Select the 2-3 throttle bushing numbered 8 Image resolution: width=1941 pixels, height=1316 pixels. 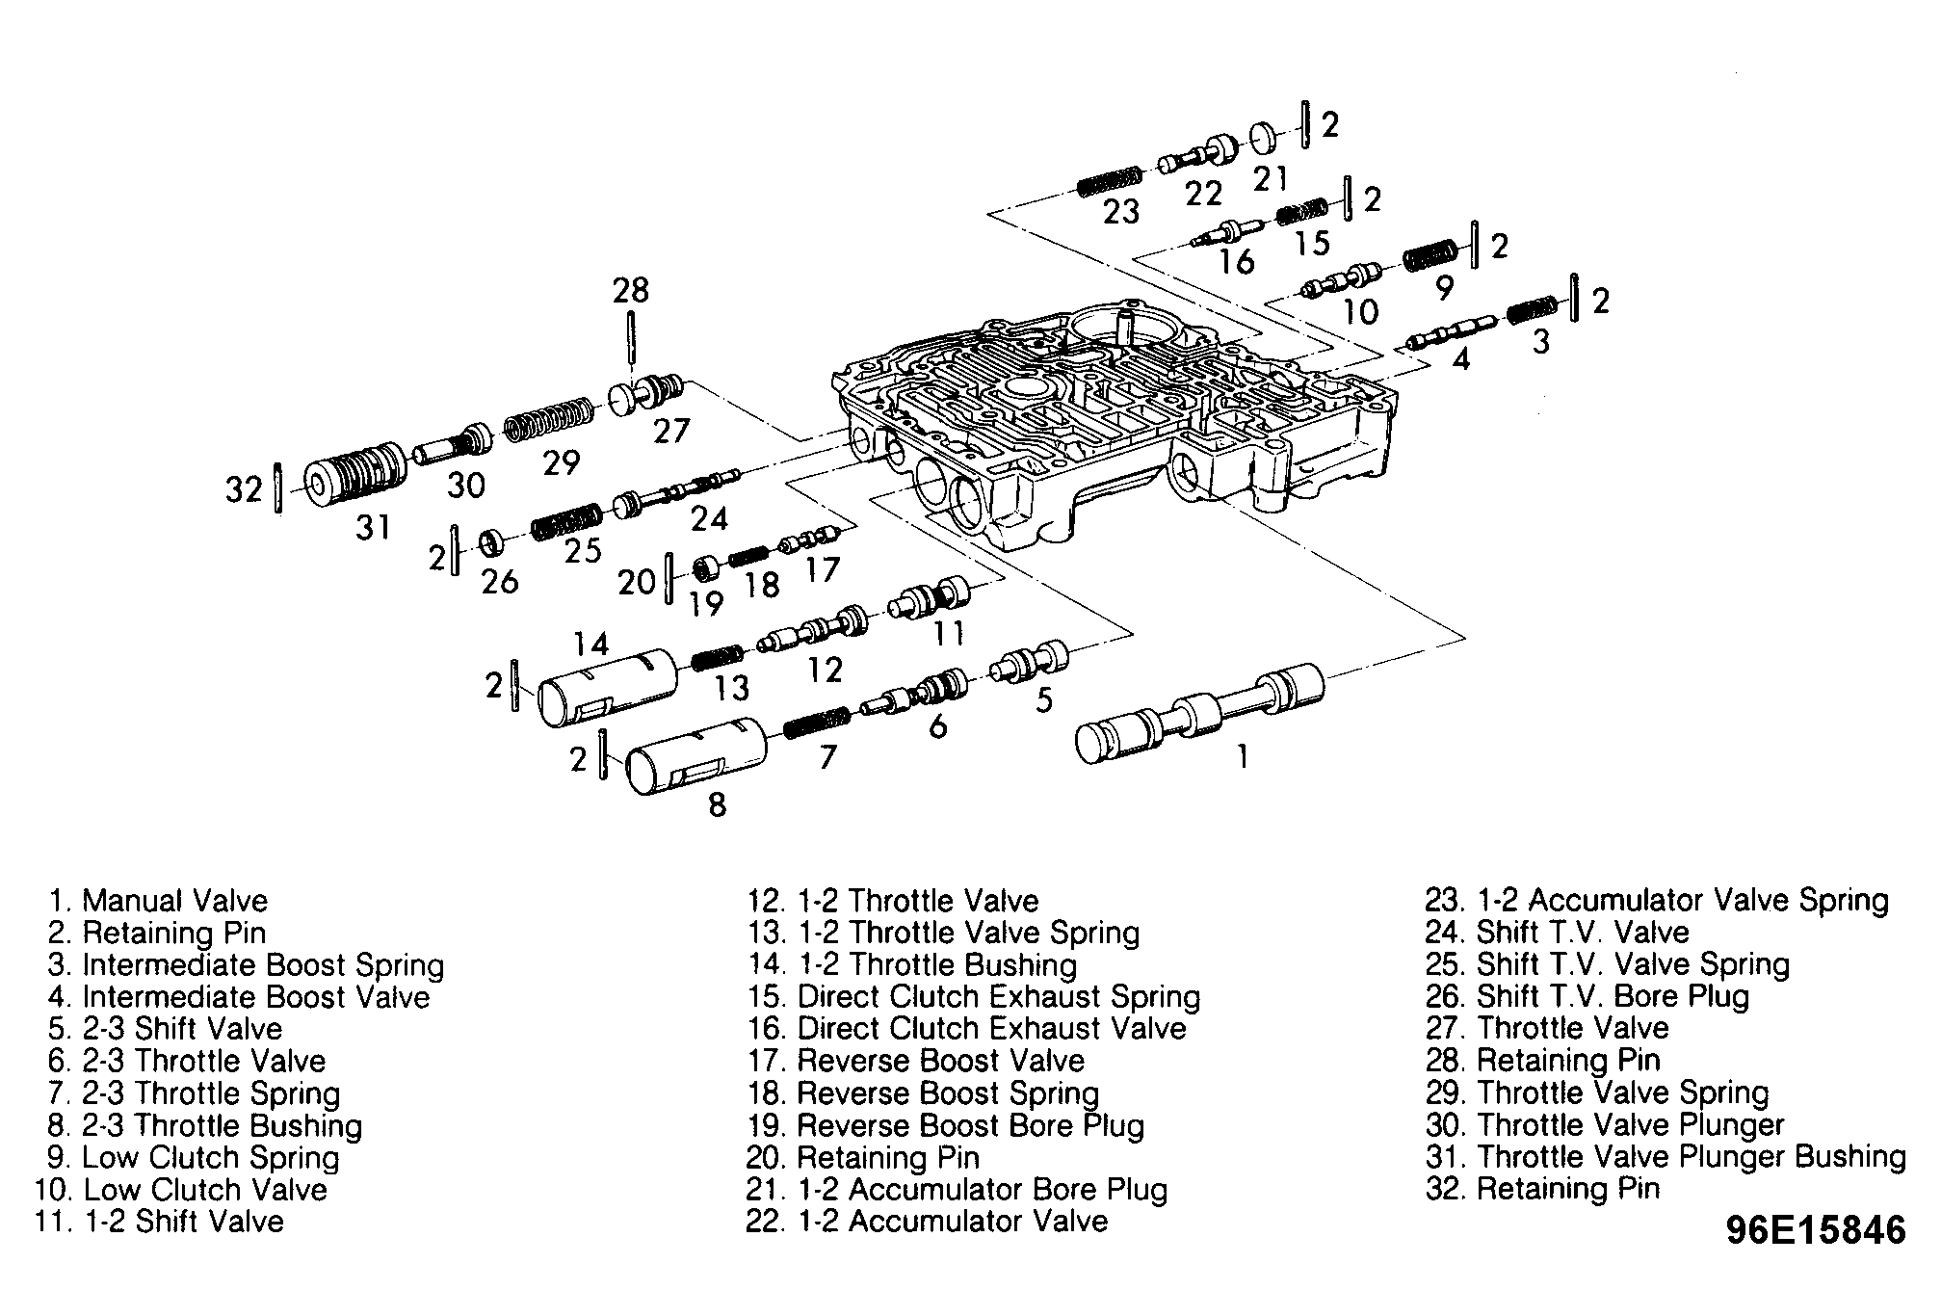pos(695,755)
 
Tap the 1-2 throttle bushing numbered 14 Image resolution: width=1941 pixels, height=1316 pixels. pos(607,686)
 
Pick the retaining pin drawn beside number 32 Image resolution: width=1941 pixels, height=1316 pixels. pos(278,488)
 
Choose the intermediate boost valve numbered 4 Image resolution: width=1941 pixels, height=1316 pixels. pos(1452,331)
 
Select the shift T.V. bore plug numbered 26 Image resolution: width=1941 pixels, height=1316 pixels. pos(493,543)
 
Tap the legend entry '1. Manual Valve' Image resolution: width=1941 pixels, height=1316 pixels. pos(159,901)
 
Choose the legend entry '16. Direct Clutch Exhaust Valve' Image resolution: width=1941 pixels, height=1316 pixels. pos(967,1029)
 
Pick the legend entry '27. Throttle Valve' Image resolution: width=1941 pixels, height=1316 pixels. pos(1547,1028)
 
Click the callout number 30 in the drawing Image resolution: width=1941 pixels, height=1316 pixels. pos(465,485)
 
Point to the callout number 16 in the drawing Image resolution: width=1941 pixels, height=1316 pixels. pos(1236,261)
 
